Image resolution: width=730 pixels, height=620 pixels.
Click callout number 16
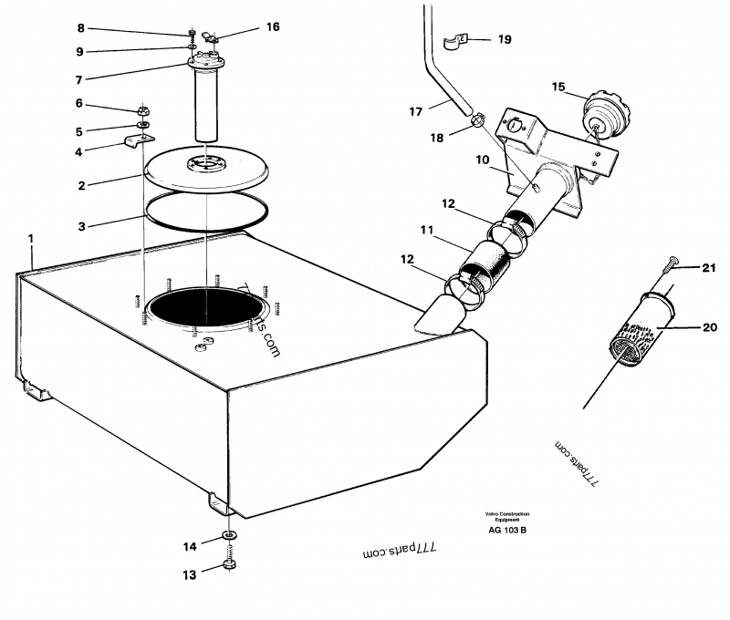click(x=273, y=26)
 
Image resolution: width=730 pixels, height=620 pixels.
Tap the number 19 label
click(x=505, y=39)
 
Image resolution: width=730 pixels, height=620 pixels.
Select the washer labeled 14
click(x=228, y=534)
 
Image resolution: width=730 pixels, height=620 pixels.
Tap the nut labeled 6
click(x=143, y=107)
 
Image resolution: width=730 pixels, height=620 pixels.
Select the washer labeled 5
click(x=144, y=123)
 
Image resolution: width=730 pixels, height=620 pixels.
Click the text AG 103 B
click(x=507, y=530)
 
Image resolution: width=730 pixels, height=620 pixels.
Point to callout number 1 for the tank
click(x=31, y=239)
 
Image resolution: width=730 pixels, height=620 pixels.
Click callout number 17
click(x=415, y=111)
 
